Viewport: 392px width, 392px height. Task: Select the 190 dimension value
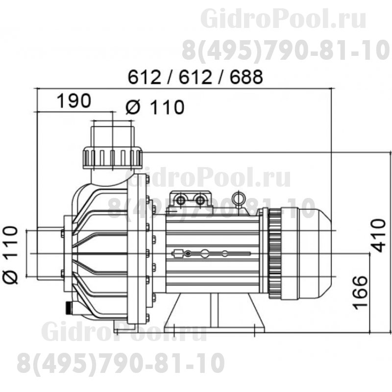point(73,101)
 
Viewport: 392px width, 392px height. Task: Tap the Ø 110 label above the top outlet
point(154,106)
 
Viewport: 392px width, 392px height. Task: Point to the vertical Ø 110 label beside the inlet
point(11,255)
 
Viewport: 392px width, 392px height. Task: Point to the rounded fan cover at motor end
point(313,253)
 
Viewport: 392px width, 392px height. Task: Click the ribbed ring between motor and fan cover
point(275,253)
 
